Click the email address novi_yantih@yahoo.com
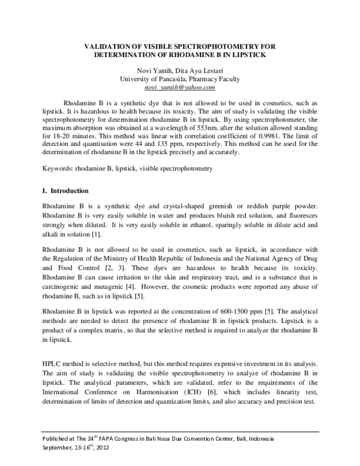click(x=180, y=88)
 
